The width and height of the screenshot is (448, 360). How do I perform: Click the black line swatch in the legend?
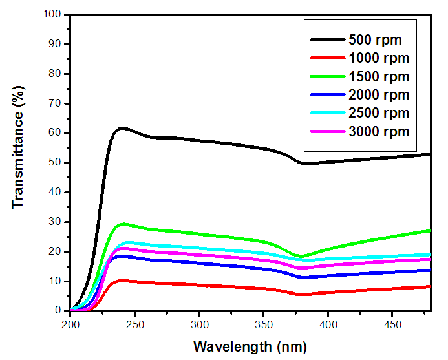click(x=326, y=39)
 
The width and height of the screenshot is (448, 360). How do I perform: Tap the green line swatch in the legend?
click(x=326, y=77)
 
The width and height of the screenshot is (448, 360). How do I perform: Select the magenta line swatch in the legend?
click(x=326, y=132)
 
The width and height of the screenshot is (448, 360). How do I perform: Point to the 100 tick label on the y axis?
click(x=52, y=14)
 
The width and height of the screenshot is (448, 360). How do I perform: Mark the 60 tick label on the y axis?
click(x=55, y=133)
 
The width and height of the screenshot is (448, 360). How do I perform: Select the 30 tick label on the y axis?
click(x=55, y=222)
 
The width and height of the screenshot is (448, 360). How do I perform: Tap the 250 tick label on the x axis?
click(x=135, y=323)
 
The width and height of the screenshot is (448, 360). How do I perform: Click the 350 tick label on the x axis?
click(x=264, y=323)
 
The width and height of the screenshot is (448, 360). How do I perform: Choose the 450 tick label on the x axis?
click(x=392, y=323)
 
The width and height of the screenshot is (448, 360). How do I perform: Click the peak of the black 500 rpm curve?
click(x=121, y=128)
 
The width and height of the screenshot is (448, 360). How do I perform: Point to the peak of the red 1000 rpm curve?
click(x=121, y=281)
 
